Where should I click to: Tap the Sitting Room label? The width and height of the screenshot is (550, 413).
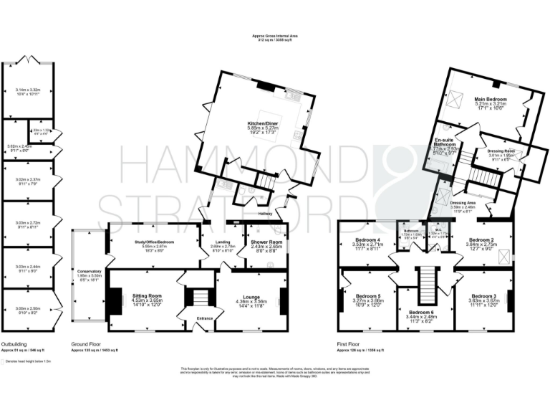[147, 295]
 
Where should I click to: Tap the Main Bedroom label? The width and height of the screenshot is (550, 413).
[491, 99]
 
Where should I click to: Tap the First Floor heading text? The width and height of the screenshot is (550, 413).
[347, 343]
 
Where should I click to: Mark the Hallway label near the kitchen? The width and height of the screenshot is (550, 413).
[268, 213]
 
